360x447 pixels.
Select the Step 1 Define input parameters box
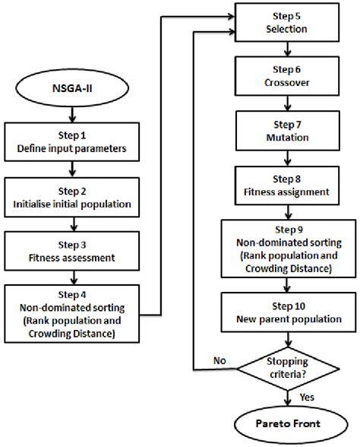(72, 141)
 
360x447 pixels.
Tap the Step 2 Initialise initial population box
(72, 197)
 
